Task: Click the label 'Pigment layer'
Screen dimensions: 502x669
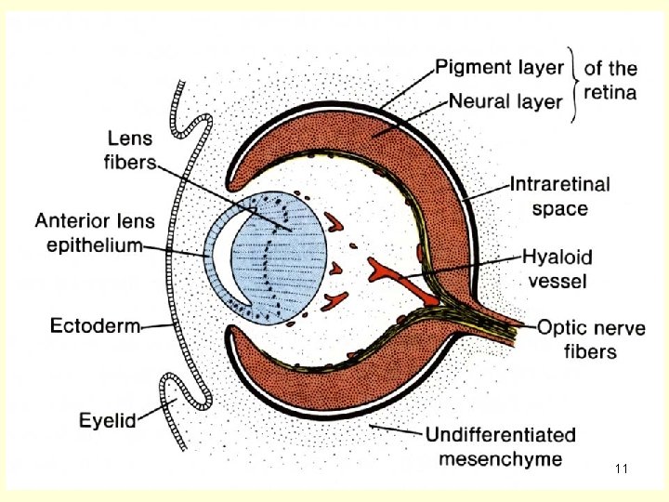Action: pyautogui.click(x=500, y=67)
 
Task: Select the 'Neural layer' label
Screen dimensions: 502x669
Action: pyautogui.click(x=505, y=99)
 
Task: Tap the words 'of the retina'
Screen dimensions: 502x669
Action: pyautogui.click(x=610, y=79)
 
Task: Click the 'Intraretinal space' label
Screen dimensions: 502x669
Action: pyautogui.click(x=559, y=196)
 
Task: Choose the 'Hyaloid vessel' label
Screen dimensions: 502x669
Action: pyautogui.click(x=557, y=267)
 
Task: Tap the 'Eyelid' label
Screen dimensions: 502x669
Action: pyautogui.click(x=107, y=420)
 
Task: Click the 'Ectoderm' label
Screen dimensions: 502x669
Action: pyautogui.click(x=94, y=325)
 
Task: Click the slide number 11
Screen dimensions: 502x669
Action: pyautogui.click(x=622, y=469)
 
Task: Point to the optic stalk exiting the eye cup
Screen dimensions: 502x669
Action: pyautogui.click(x=506, y=322)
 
